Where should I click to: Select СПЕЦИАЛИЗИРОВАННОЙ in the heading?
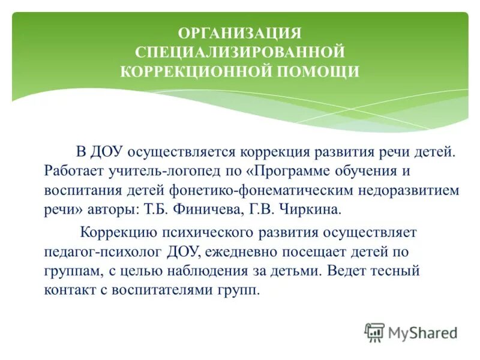[x=240, y=52]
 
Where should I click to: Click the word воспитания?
[x=80, y=190]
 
